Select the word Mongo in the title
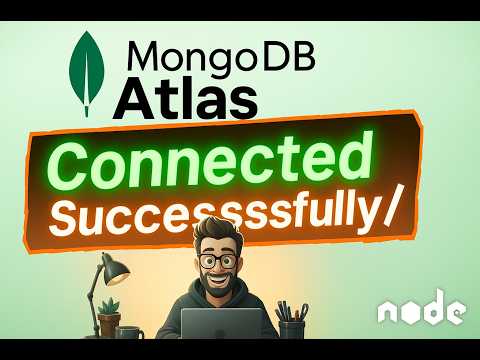point(174,59)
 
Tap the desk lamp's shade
point(117,267)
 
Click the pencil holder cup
point(291,327)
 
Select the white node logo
point(420,311)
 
